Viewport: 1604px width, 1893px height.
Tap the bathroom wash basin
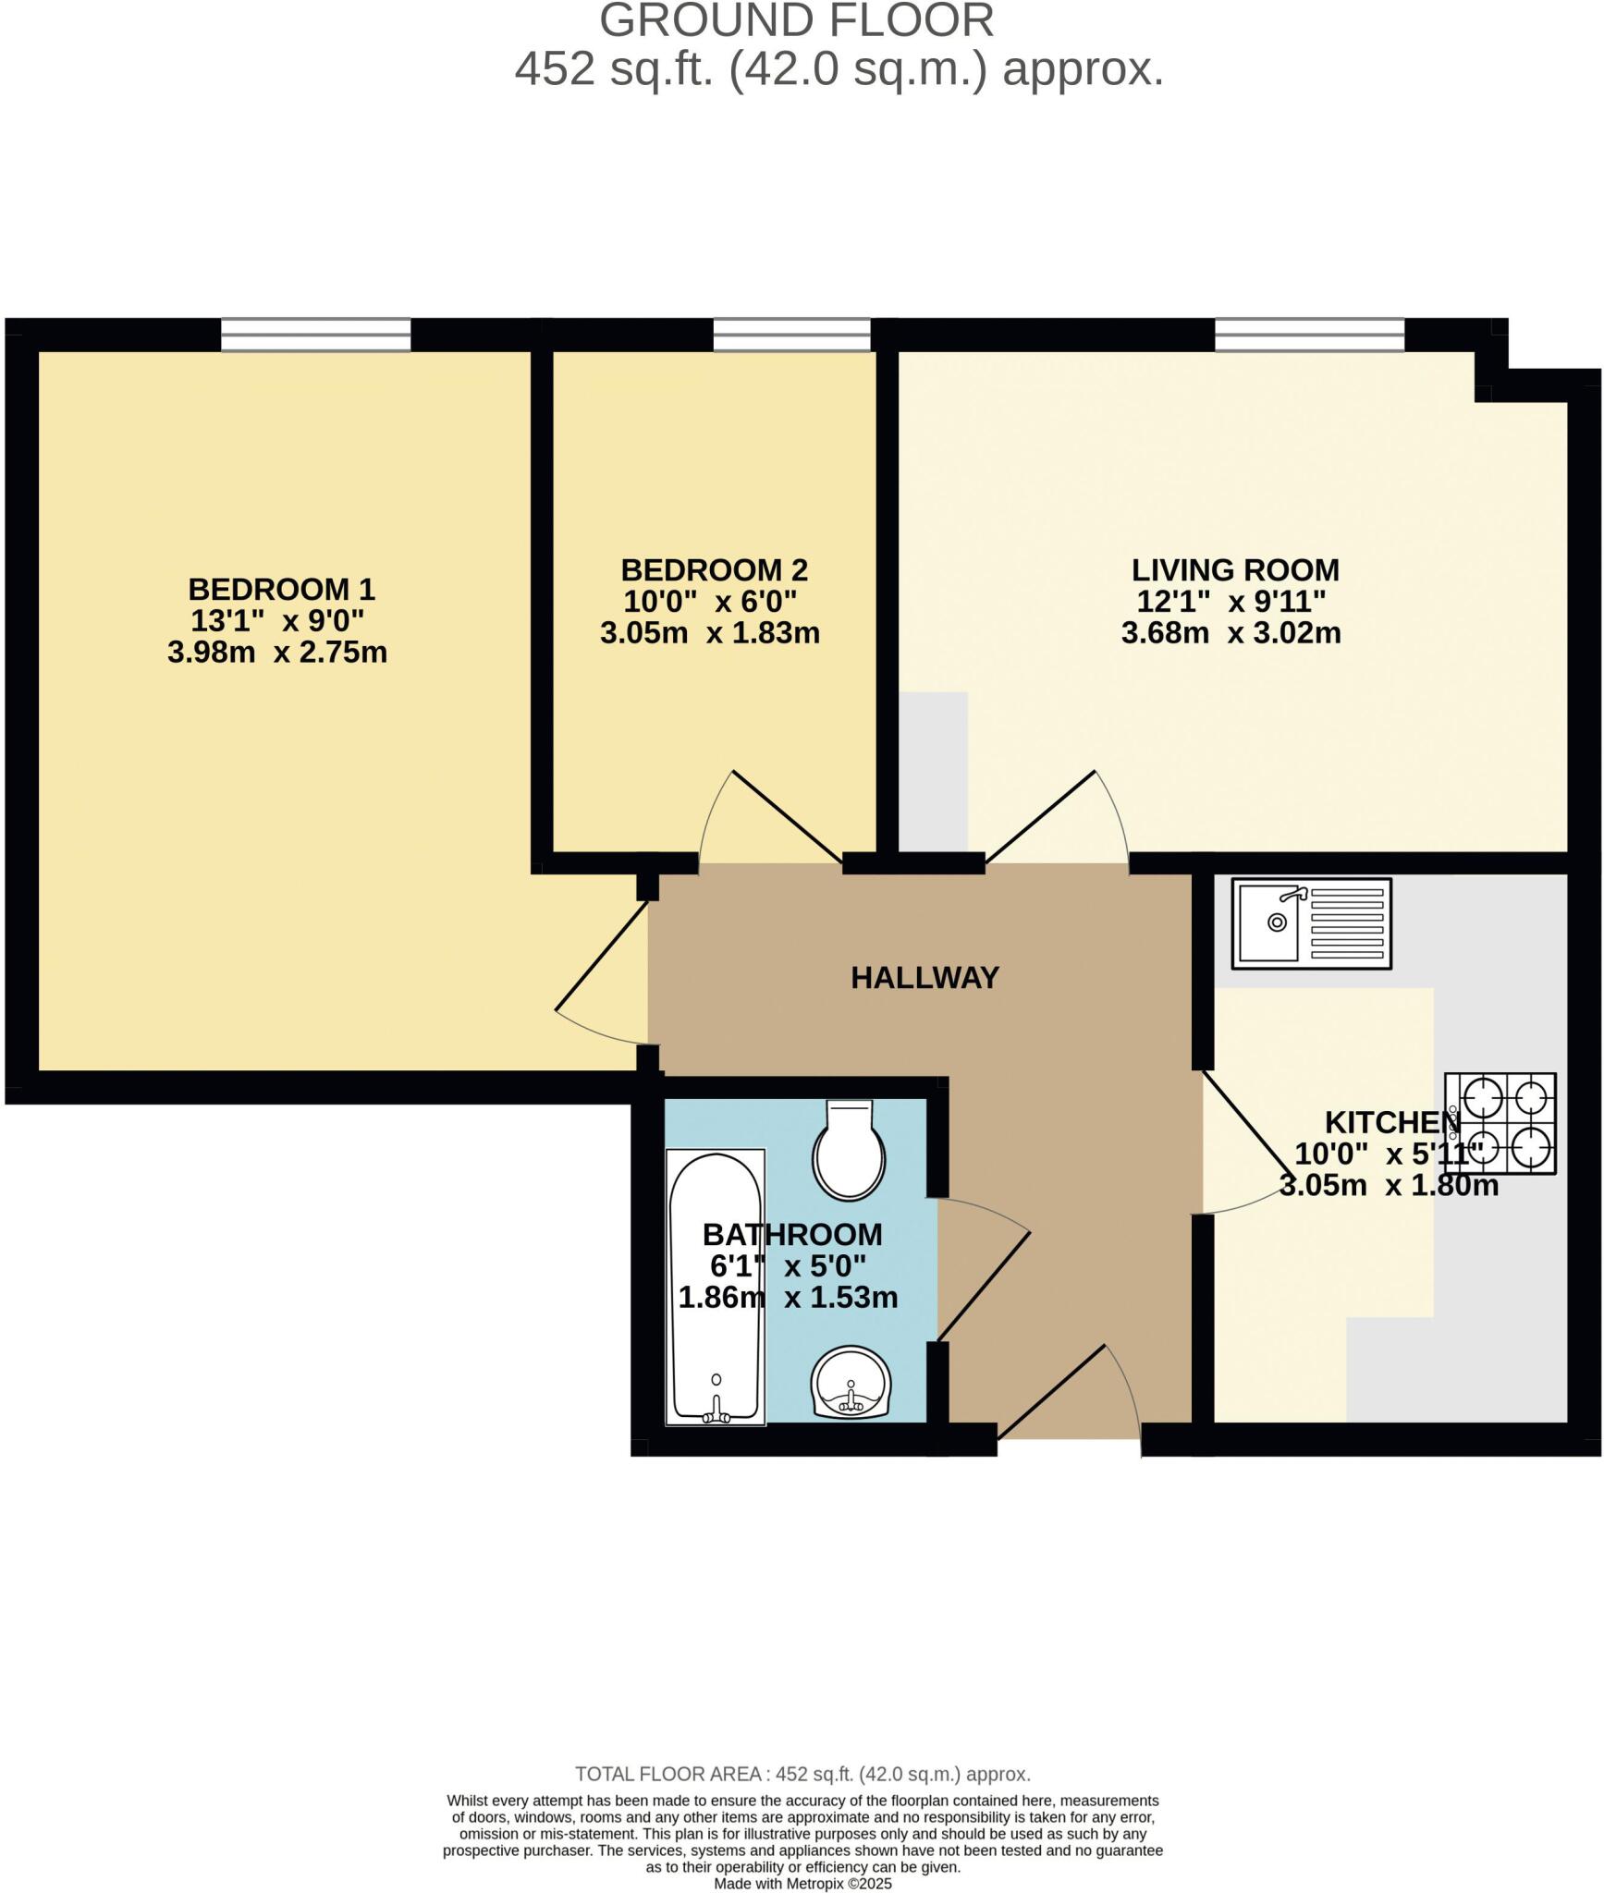(851, 1383)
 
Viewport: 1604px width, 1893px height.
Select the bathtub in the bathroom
(716, 1287)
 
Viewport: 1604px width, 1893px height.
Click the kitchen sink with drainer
(1311, 923)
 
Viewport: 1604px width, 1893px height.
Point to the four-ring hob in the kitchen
(1500, 1123)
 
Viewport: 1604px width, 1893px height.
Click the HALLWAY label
(924, 978)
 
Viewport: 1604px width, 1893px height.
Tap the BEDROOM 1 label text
(281, 589)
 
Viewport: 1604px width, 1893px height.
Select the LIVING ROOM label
(1235, 569)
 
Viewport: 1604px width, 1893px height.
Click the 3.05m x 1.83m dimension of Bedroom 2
(710, 633)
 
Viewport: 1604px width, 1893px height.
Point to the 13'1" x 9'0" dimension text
(277, 620)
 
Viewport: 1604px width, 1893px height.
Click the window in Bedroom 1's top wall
(315, 334)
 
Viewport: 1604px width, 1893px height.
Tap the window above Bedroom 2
(791, 334)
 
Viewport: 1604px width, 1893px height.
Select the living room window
(1309, 334)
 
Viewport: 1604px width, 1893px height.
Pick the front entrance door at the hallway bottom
(1051, 1392)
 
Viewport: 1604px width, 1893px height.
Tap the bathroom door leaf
(984, 1286)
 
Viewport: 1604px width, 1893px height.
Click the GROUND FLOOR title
(797, 20)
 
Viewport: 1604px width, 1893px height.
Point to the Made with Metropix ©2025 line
(802, 1883)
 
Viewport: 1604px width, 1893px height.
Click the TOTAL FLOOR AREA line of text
(802, 1774)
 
